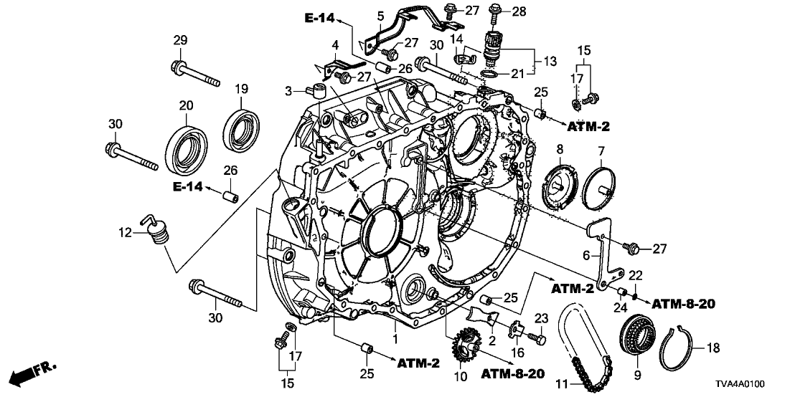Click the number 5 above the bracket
click(x=381, y=16)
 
